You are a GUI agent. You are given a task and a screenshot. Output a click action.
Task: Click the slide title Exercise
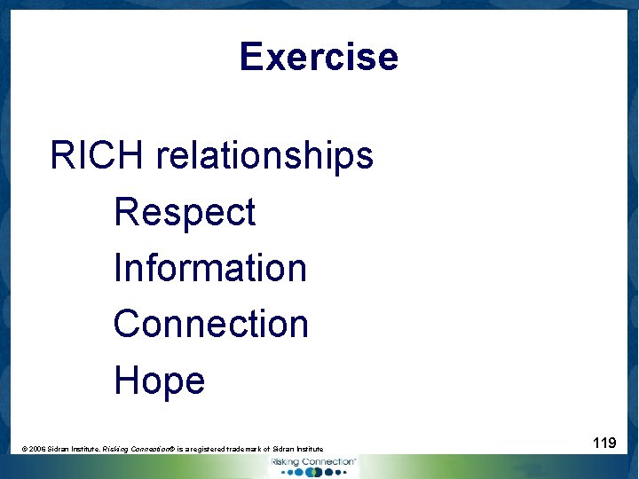319,57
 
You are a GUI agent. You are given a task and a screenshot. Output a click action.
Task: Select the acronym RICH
97,156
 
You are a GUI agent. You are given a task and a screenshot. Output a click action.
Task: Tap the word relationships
264,156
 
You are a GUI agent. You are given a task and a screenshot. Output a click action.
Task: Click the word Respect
185,213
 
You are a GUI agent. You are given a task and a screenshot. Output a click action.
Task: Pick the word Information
210,268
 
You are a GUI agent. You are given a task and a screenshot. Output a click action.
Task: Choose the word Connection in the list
211,324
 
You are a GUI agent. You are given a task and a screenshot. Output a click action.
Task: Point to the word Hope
160,381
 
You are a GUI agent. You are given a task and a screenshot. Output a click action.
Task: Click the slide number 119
604,442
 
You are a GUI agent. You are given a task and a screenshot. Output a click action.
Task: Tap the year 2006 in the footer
38,450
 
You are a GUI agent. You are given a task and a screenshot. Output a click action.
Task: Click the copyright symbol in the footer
24,450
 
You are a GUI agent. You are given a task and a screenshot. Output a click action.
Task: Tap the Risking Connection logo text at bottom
313,462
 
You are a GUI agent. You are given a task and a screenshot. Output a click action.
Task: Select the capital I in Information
118,268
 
